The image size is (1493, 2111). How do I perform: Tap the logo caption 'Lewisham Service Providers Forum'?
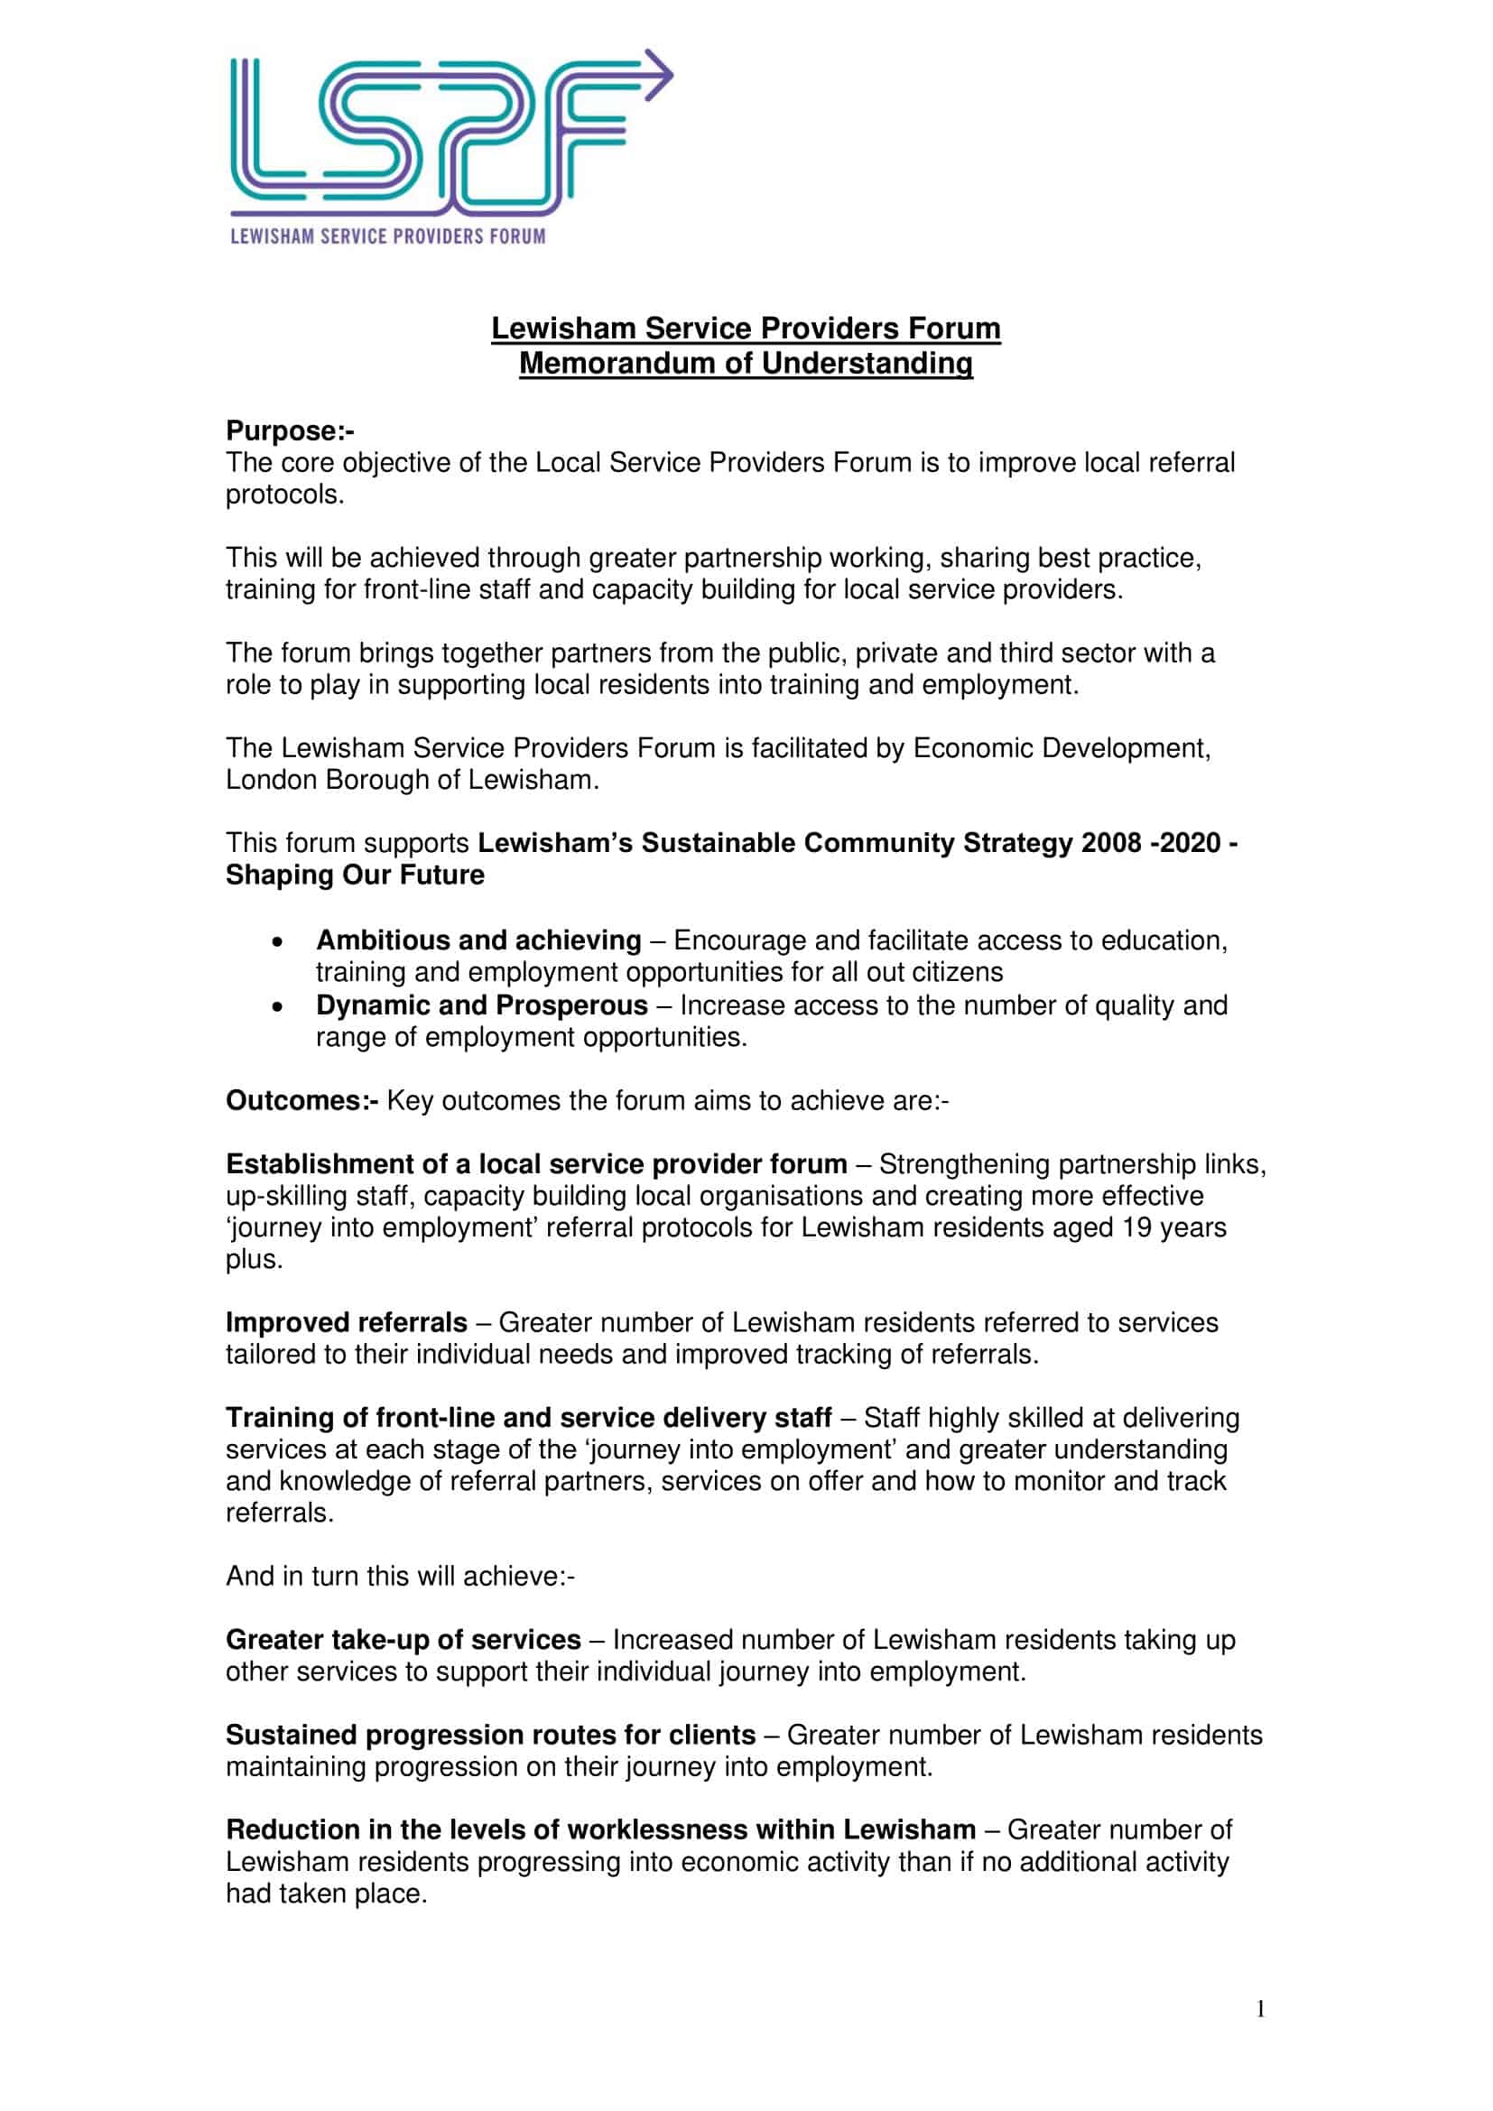387,236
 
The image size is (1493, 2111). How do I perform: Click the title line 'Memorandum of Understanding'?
746,363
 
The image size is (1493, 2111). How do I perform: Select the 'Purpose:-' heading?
290,431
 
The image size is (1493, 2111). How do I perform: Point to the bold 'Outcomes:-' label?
301,1100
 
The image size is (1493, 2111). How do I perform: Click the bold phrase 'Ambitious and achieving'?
478,940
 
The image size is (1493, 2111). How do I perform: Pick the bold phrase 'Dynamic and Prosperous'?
482,1005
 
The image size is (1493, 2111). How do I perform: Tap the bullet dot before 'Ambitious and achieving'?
278,941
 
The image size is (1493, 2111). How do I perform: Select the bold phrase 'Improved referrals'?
347,1322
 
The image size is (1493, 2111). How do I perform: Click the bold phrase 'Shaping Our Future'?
355,875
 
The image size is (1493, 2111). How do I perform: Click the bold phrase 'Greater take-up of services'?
403,1639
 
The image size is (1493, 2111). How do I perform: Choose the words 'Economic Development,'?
1061,747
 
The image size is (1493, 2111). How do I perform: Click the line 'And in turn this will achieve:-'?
400,1576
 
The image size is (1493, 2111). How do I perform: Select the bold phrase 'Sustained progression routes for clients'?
490,1735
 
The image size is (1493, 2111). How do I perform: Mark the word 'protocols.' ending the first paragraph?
285,495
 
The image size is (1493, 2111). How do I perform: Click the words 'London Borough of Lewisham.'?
412,780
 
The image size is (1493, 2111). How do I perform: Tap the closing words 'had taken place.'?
327,1893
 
